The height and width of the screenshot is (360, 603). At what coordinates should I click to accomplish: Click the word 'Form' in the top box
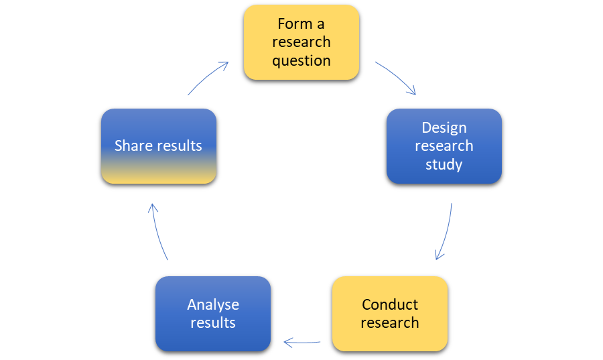(x=295, y=24)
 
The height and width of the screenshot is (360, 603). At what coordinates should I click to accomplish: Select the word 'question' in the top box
(x=301, y=61)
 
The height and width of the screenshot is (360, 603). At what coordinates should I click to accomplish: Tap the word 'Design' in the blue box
(x=444, y=128)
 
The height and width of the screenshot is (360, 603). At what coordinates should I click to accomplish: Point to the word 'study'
(x=444, y=165)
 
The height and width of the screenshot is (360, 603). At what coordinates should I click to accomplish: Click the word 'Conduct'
(x=390, y=304)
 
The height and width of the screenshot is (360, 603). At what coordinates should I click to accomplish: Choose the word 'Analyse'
(x=213, y=305)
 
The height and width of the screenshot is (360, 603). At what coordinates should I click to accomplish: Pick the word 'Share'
(x=133, y=145)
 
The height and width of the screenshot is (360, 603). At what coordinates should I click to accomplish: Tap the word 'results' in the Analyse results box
(x=213, y=322)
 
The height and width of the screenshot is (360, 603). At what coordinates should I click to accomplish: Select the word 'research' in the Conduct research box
(x=390, y=322)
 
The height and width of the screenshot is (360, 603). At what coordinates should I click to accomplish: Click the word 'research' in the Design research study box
(x=444, y=146)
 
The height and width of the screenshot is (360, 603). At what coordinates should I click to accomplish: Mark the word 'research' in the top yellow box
(x=301, y=42)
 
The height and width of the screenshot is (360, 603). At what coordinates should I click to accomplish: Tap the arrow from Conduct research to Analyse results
(x=302, y=342)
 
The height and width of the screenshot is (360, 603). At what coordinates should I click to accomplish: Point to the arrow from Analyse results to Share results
(x=158, y=232)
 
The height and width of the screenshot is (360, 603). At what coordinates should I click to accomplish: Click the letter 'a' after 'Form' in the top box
(x=321, y=25)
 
